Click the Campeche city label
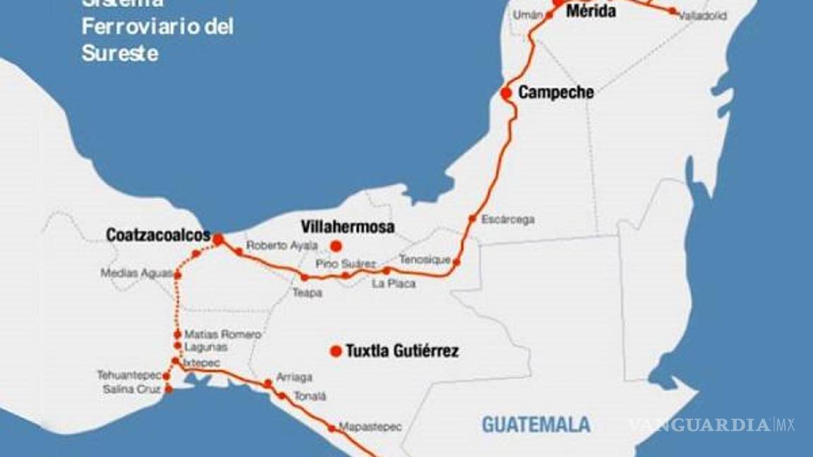click(x=555, y=92)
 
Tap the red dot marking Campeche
click(x=506, y=92)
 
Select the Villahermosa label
click(x=347, y=227)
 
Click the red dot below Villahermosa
click(x=336, y=245)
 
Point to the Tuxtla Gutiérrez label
click(x=402, y=351)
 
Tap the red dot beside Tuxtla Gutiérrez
click(x=336, y=351)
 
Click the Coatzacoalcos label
click(x=158, y=235)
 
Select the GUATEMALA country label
click(x=536, y=424)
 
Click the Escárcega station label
click(x=507, y=219)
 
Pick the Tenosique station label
click(x=424, y=260)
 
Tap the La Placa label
click(x=394, y=284)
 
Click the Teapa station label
click(x=307, y=292)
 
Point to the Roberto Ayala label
click(x=277, y=246)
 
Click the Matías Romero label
click(x=222, y=334)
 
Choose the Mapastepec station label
click(x=370, y=427)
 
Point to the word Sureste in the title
click(x=120, y=53)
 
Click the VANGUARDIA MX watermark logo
click(x=711, y=425)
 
